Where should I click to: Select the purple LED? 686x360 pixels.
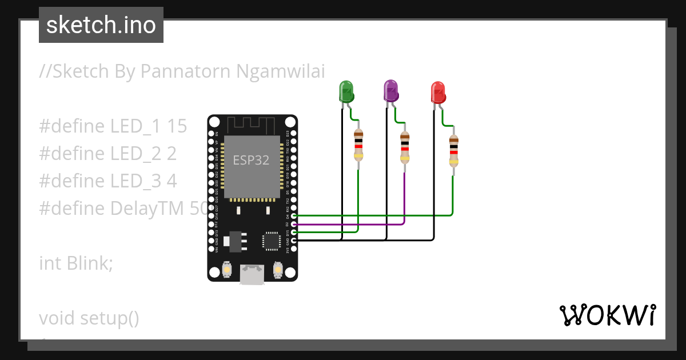click(x=390, y=91)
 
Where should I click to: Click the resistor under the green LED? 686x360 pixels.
click(x=358, y=145)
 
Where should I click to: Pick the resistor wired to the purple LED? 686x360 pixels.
click(x=405, y=147)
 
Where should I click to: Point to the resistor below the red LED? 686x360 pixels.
click(x=453, y=150)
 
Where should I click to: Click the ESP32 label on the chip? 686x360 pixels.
click(x=251, y=160)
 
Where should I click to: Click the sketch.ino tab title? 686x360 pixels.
click(x=101, y=25)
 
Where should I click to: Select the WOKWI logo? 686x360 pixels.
click(x=607, y=315)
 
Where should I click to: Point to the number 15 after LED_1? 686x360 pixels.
click(x=177, y=126)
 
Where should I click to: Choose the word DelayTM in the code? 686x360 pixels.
click(x=146, y=209)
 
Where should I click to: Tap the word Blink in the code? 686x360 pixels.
click(x=86, y=263)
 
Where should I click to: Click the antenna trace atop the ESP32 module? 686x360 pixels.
click(x=252, y=123)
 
